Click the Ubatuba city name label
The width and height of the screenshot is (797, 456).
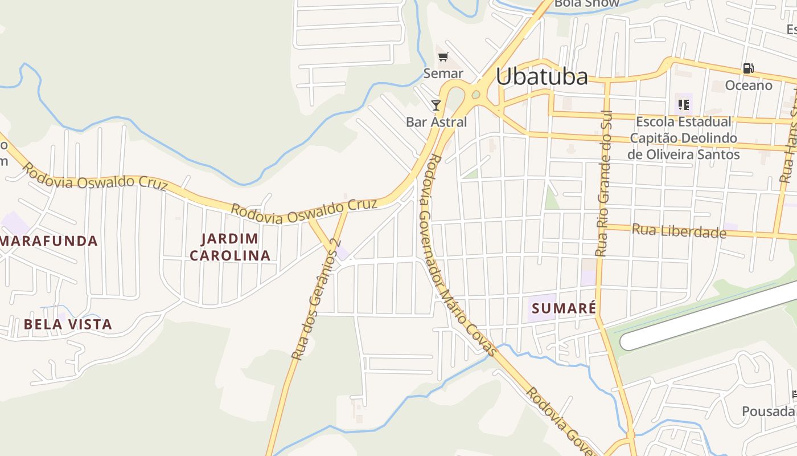click(x=541, y=77)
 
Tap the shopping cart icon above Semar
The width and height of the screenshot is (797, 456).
click(x=443, y=56)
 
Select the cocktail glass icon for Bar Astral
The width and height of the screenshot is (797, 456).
click(x=436, y=105)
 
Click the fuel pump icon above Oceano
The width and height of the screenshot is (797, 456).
click(x=748, y=68)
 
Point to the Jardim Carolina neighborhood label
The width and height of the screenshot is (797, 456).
click(x=230, y=247)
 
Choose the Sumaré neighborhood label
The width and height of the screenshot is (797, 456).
click(x=564, y=308)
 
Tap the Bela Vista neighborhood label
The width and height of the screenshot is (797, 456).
click(x=68, y=324)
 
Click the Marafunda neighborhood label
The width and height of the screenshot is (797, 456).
click(x=49, y=241)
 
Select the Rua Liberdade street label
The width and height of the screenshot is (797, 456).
click(x=679, y=231)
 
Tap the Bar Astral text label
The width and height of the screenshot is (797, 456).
click(x=436, y=122)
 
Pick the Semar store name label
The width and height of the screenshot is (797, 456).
click(x=443, y=74)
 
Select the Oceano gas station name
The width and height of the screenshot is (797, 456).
click(x=748, y=85)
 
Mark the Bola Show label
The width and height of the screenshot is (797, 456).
click(x=586, y=3)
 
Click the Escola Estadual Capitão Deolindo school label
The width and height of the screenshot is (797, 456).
click(x=683, y=138)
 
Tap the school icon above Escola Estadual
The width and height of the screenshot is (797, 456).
click(x=684, y=105)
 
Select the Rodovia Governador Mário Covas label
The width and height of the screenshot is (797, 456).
click(x=455, y=251)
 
